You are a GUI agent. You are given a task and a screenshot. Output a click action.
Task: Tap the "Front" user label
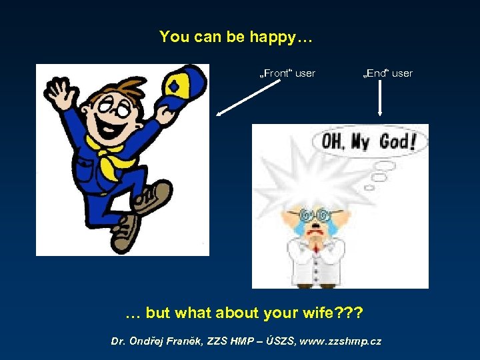[x=287, y=73]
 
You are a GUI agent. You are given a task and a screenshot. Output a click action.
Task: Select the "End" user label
[x=387, y=73]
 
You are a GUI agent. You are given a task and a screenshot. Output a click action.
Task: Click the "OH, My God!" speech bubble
[x=369, y=142]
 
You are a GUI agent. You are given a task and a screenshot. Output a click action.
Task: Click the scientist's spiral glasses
[x=317, y=215]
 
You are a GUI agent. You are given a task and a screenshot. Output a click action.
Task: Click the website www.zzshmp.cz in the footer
[x=341, y=341]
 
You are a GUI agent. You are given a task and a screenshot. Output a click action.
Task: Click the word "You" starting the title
[x=175, y=37]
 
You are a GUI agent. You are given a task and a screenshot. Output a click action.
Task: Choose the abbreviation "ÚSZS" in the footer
[x=280, y=341]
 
